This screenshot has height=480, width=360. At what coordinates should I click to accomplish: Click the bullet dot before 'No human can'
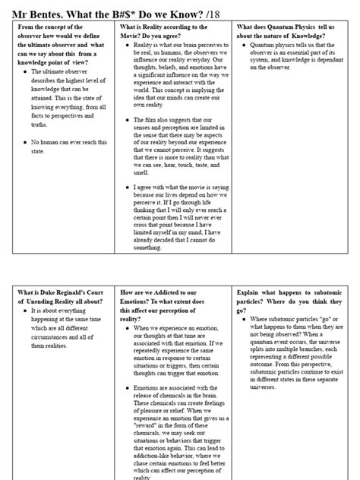tap(26, 141)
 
